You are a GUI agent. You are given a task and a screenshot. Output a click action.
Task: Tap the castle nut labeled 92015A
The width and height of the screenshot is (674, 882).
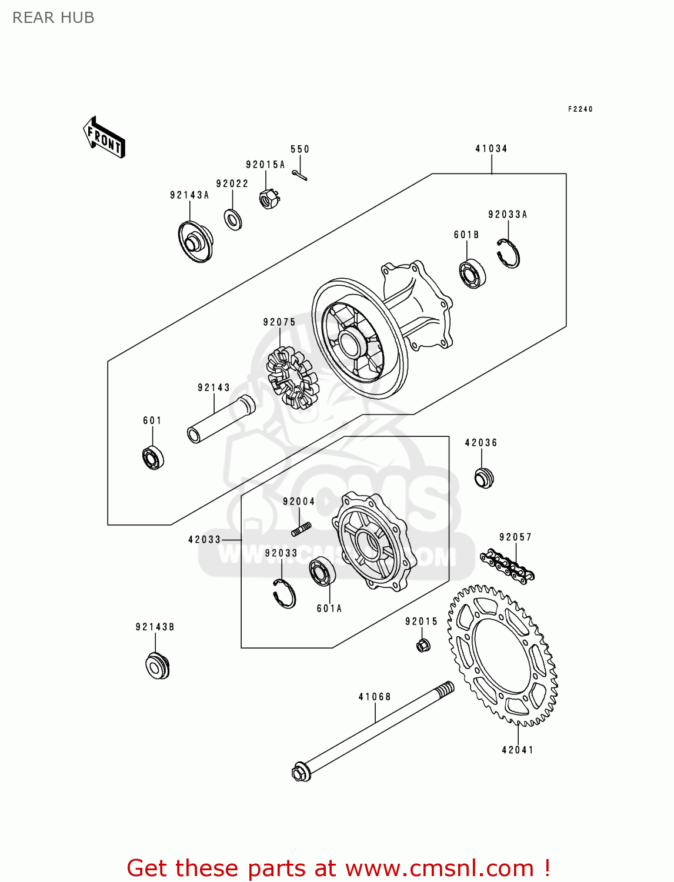[269, 199]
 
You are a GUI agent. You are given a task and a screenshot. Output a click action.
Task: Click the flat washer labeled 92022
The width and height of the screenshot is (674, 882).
[233, 219]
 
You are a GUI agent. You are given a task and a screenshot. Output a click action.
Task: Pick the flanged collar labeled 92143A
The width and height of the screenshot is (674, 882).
[195, 241]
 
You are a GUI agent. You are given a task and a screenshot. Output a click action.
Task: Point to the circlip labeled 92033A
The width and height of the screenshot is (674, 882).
[508, 254]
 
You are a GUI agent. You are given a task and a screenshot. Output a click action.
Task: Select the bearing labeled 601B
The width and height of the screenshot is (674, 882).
[472, 273]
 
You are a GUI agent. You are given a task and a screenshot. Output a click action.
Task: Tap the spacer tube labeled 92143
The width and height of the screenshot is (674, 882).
[221, 419]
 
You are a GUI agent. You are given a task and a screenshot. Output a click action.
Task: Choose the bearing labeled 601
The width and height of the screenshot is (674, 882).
[153, 458]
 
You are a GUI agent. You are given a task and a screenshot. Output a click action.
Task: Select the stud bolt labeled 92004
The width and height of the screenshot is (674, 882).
[301, 529]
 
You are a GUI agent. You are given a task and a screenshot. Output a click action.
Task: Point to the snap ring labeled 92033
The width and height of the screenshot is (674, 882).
[285, 593]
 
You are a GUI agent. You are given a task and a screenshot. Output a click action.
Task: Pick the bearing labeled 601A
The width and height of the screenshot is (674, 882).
[322, 571]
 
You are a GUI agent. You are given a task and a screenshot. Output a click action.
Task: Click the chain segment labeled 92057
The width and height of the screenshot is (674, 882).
[507, 566]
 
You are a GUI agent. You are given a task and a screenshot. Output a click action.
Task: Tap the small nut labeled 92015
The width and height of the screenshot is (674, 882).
[422, 645]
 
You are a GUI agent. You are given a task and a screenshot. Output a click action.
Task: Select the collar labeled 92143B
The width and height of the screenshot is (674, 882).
[157, 666]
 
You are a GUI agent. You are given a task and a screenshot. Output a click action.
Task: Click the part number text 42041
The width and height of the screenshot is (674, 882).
[518, 750]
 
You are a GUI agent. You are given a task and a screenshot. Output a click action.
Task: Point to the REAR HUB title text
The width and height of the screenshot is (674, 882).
[54, 18]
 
